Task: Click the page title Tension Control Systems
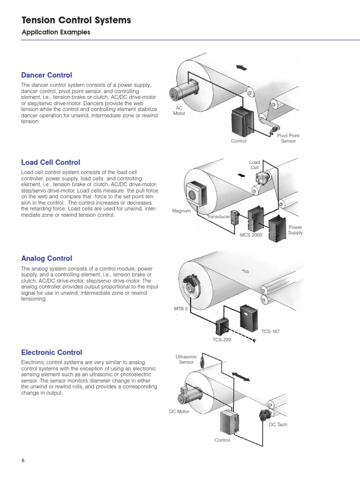pos(76,20)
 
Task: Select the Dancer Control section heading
pos(47,75)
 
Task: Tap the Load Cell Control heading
pos(51,163)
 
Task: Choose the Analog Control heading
pos(47,258)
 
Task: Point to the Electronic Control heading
pos(52,352)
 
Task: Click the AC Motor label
pos(179,111)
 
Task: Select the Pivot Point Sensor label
pos(288,138)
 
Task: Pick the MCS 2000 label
pos(251,235)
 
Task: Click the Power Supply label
pos(295,230)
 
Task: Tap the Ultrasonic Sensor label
pos(186,360)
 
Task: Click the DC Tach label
pos(278,425)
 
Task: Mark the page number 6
pos(22,460)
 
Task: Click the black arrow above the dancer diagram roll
pos(241,68)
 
